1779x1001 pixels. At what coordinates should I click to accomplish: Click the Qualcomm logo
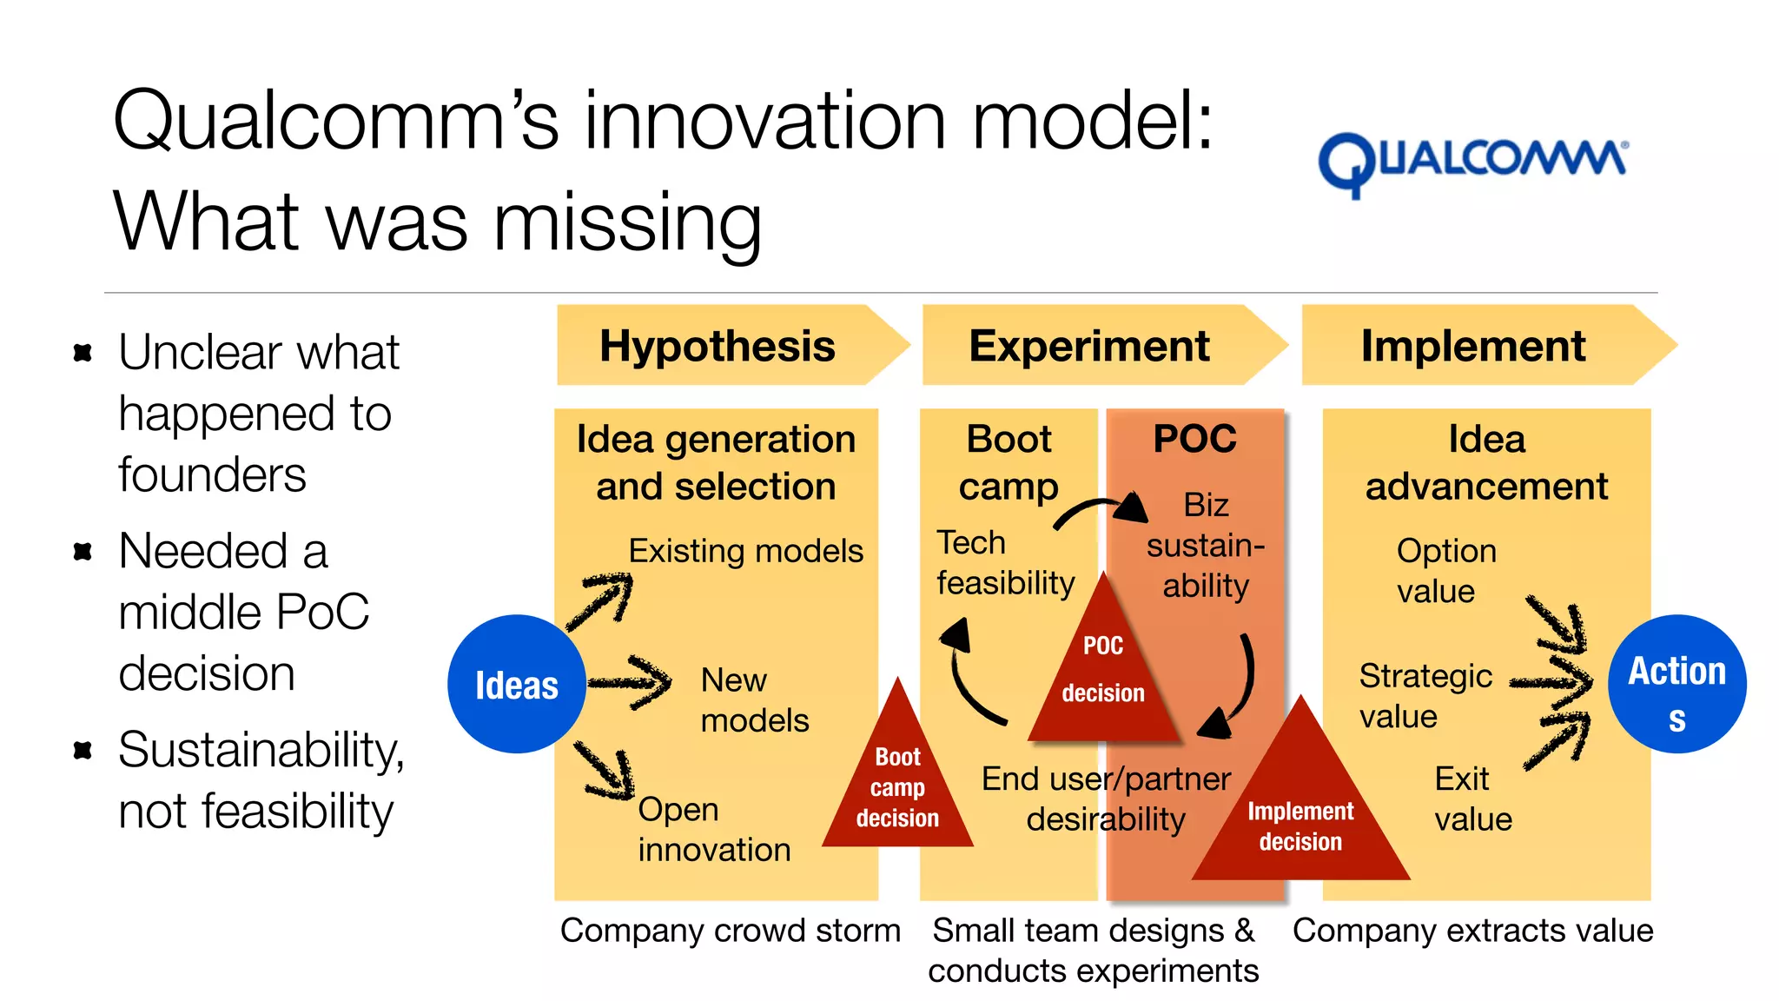(1472, 163)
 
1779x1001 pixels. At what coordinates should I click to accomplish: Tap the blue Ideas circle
(516, 684)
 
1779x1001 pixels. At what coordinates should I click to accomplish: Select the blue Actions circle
(1676, 684)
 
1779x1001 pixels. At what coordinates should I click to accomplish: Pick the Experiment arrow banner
(1090, 346)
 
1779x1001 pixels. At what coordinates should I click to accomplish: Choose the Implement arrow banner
(1474, 346)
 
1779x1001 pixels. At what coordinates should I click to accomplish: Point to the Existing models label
(745, 551)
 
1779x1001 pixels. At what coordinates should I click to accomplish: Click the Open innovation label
(714, 829)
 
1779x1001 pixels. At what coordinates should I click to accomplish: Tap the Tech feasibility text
(1005, 562)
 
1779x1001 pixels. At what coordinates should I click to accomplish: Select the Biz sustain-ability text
(1206, 545)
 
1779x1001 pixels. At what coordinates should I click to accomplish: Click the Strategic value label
(1425, 695)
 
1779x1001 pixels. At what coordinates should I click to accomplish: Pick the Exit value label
(1472, 798)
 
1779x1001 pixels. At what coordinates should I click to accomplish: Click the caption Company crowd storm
(730, 930)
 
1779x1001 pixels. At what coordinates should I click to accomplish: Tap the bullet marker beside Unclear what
(83, 353)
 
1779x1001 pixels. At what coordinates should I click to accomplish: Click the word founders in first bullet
(212, 475)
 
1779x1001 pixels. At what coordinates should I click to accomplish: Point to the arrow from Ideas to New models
(630, 682)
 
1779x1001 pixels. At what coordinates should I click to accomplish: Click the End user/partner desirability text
(1106, 798)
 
